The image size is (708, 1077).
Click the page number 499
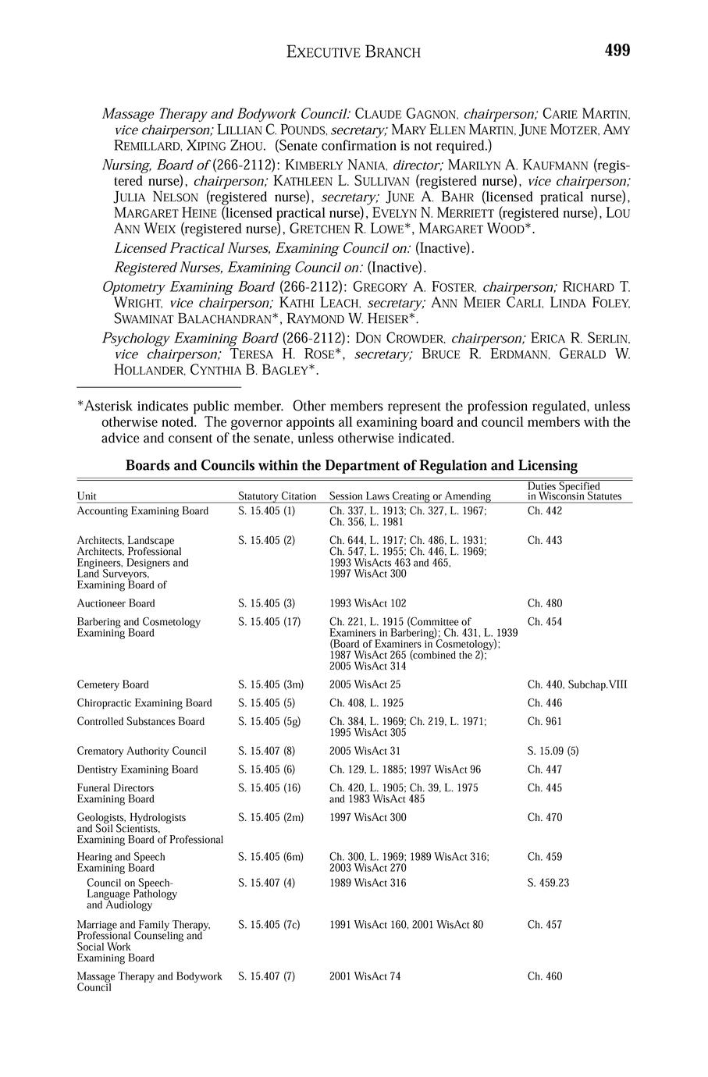pyautogui.click(x=617, y=51)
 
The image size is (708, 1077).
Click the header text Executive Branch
pyautogui.click(x=354, y=52)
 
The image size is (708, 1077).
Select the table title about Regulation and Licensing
pyautogui.click(x=351, y=466)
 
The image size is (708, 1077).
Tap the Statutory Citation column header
pyautogui.click(x=277, y=496)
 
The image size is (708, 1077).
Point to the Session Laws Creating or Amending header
pyautogui.click(x=410, y=496)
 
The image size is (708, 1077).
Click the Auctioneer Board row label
pyautogui.click(x=116, y=603)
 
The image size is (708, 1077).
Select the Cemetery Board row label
pyautogui.click(x=112, y=684)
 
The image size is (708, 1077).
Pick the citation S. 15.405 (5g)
pyautogui.click(x=270, y=722)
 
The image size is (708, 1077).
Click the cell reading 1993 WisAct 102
pyautogui.click(x=368, y=603)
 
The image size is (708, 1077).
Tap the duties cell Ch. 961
pyautogui.click(x=544, y=722)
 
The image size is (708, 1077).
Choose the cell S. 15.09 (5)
pyautogui.click(x=553, y=752)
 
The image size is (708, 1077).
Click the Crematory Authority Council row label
pyautogui.click(x=141, y=752)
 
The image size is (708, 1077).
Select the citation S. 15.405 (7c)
pyautogui.click(x=269, y=925)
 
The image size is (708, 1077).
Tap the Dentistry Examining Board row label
pyautogui.click(x=137, y=770)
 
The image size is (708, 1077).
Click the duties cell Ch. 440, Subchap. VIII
pyautogui.click(x=577, y=684)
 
